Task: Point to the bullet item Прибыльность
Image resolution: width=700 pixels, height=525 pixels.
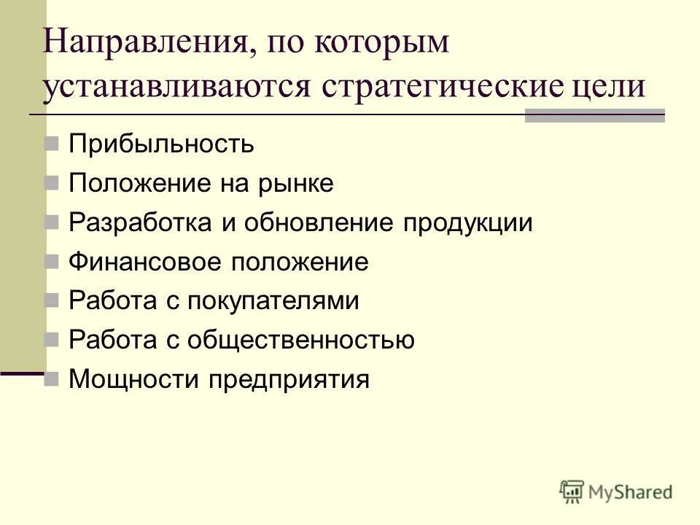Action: (161, 144)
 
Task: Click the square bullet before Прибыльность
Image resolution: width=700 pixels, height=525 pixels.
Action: (52, 144)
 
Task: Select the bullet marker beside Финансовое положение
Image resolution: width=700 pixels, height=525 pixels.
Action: (52, 262)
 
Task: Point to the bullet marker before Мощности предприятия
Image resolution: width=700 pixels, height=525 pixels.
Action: (52, 379)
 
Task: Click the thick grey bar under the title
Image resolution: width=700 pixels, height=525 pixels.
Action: (594, 115)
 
